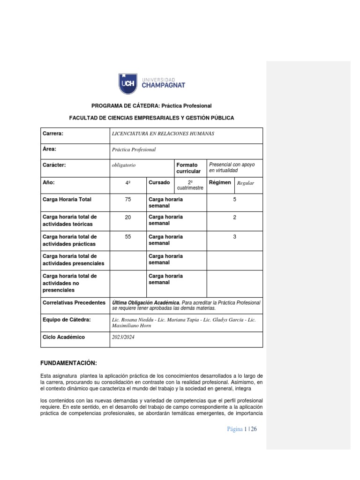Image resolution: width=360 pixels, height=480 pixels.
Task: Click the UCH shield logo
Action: pos(127,83)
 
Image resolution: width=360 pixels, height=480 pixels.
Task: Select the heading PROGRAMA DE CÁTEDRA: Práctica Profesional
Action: pos(151,106)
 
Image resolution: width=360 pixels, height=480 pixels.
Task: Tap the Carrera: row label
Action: pos(52,134)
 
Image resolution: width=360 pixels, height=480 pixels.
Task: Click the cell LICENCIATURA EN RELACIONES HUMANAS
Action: pos(163,134)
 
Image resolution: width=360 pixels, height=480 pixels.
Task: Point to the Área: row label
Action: pos(49,150)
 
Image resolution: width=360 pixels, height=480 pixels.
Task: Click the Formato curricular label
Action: pos(188,168)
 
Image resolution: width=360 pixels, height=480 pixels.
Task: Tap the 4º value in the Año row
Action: pos(127,183)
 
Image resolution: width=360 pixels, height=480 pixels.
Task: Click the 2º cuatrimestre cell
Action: pos(190,185)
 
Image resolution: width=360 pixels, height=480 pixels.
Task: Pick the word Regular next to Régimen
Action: pos(246,183)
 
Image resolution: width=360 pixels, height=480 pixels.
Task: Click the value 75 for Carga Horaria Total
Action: pos(127,200)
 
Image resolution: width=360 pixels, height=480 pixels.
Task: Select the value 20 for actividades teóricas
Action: pos(127,217)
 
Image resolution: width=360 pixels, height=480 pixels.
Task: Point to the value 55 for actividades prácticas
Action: pos(127,237)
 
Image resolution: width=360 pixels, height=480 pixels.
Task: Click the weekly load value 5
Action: pos(234,200)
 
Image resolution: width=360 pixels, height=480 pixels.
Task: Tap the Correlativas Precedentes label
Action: pos(74,303)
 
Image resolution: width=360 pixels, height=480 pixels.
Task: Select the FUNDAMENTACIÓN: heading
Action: pos(69,363)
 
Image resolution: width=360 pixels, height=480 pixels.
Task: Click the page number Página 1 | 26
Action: pos(242,429)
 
